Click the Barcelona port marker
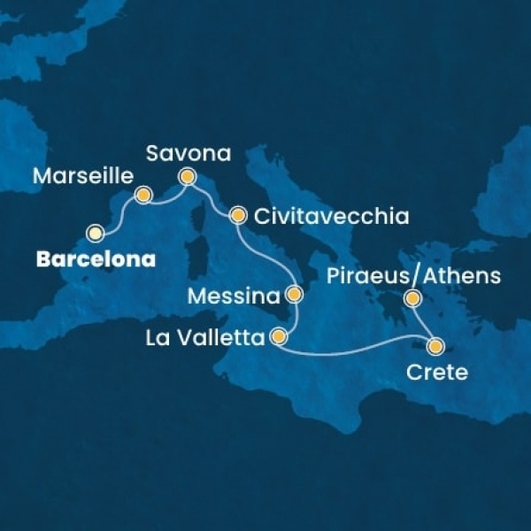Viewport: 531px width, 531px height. (x=95, y=234)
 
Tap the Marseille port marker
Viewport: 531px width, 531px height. (x=142, y=194)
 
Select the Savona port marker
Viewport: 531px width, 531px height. (x=188, y=176)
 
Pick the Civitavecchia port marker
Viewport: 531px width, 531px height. (x=237, y=215)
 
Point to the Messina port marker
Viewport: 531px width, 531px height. (x=295, y=294)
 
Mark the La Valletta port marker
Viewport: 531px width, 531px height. (x=279, y=337)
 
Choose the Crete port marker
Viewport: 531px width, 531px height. (x=435, y=345)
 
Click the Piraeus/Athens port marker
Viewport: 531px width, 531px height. (x=412, y=300)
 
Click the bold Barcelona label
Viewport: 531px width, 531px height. (x=94, y=260)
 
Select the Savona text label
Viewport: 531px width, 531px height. (x=189, y=154)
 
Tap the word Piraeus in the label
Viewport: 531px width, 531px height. (x=376, y=277)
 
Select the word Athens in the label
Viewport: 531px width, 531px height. (x=461, y=277)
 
